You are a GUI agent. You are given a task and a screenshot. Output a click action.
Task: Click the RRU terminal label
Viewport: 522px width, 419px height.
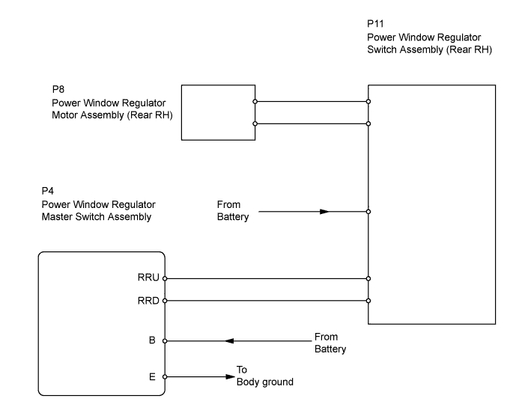coord(148,278)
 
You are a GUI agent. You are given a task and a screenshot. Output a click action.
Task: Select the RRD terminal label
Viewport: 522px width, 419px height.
coord(148,301)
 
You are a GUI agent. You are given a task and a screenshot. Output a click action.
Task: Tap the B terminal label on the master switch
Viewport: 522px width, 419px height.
coord(152,340)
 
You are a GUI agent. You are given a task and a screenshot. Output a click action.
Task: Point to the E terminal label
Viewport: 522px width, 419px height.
coord(152,377)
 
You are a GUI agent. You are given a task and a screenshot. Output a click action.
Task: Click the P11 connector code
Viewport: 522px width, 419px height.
coord(375,24)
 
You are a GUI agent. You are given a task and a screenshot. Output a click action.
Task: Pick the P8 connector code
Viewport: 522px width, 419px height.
coord(58,89)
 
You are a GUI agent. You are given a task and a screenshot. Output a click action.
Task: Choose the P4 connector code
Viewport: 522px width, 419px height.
coord(48,191)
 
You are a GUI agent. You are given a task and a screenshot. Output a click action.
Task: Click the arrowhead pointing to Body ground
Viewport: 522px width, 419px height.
coord(231,377)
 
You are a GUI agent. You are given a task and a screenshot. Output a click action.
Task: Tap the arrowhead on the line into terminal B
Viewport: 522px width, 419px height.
coord(229,341)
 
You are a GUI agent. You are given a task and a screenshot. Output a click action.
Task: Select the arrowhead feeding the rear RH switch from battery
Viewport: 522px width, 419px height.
coord(324,212)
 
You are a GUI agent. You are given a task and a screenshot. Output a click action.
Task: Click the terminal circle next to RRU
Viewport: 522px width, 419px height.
coord(165,278)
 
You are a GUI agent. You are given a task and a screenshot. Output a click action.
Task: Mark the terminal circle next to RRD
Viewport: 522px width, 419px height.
coord(165,301)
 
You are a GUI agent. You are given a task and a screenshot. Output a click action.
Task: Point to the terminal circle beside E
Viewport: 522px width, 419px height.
coord(165,377)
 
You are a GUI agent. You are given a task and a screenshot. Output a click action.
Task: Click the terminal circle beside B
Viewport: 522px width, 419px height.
coord(165,341)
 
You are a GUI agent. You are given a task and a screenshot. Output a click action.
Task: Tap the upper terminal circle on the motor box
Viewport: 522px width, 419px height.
coord(255,102)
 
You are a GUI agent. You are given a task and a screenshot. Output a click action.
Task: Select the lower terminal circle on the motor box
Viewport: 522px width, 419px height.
coord(255,123)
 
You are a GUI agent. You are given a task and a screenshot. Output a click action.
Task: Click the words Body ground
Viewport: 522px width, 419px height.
coord(265,382)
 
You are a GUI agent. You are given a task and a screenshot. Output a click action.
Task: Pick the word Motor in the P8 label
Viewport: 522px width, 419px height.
coord(65,115)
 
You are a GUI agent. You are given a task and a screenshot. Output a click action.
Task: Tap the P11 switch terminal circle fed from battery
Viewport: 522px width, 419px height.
coord(368,212)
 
